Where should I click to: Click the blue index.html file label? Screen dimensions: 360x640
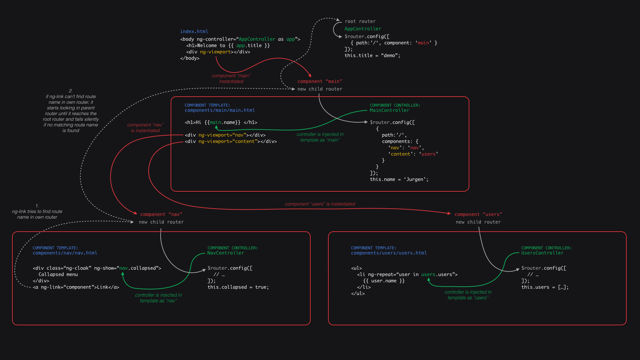(194, 31)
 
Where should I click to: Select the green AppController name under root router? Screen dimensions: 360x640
(363, 29)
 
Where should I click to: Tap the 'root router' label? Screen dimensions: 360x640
(360, 21)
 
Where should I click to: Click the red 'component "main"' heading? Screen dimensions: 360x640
(320, 81)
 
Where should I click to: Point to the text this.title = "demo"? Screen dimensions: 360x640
(372, 56)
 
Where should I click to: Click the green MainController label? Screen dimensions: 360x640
(389, 110)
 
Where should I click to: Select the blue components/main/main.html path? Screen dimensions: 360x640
(220, 110)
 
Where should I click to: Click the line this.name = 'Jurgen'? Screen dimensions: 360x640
(399, 179)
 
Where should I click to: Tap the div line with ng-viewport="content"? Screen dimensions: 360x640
(231, 141)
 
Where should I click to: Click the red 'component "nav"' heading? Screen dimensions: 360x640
(161, 214)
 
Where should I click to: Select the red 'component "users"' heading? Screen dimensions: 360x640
(478, 214)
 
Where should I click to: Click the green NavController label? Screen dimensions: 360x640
(226, 253)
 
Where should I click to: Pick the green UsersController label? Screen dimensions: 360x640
(542, 253)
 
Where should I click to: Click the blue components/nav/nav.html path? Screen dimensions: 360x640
(65, 253)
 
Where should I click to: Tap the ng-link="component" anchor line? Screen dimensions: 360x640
(76, 287)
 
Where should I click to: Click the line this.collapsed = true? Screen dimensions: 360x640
(238, 287)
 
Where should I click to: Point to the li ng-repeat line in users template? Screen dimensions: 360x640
(407, 274)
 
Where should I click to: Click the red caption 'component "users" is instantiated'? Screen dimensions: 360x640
(320, 204)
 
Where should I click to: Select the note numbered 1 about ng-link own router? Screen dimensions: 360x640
(37, 212)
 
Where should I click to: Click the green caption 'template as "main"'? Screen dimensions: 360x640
(320, 140)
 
